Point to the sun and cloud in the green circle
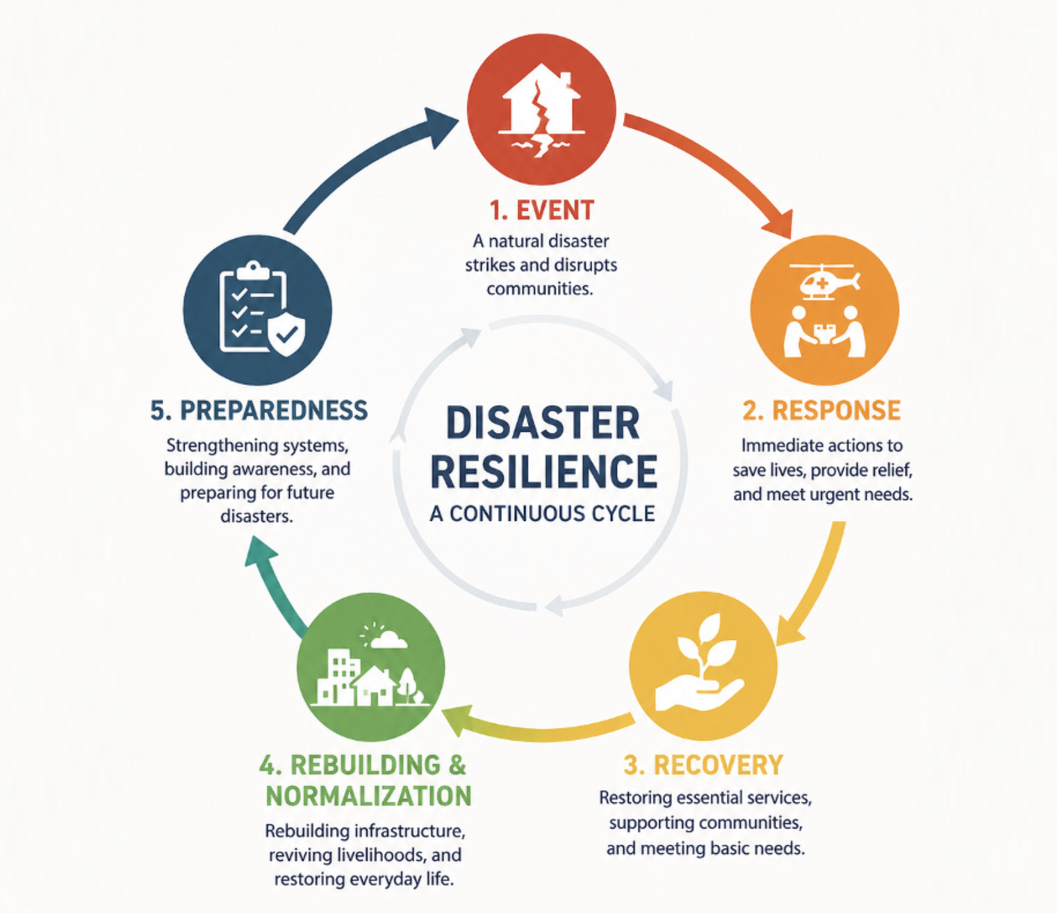click(384, 637)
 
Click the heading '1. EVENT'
click(542, 211)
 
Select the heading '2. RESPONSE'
click(822, 410)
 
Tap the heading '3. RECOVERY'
click(703, 765)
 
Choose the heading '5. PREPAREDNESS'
click(259, 410)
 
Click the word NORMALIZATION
click(369, 796)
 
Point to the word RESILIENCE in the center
click(543, 471)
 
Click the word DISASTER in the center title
click(543, 423)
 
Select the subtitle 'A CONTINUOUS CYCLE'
click(542, 514)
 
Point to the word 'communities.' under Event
click(540, 288)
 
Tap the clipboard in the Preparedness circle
click(250, 307)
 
